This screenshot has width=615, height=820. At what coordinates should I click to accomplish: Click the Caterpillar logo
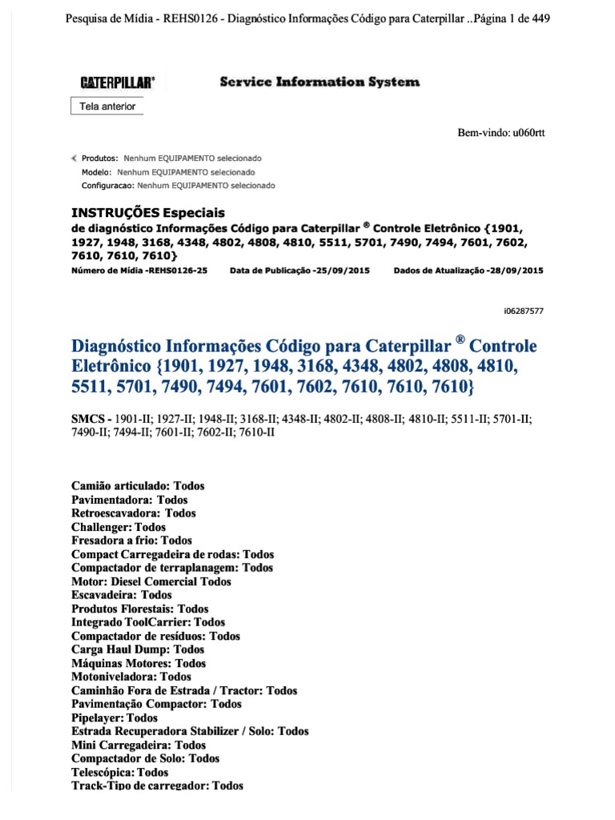tap(117, 82)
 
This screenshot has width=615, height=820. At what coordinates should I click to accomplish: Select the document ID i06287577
tap(521, 310)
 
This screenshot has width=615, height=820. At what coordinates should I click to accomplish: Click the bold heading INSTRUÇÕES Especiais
tap(148, 213)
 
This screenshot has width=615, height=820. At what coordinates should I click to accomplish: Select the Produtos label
tap(101, 159)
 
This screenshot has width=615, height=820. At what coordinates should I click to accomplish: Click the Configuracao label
tap(108, 186)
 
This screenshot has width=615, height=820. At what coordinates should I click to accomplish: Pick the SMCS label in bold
tap(90, 419)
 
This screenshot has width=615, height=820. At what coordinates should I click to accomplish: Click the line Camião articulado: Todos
tap(138, 486)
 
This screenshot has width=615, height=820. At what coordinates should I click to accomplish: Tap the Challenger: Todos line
tap(119, 527)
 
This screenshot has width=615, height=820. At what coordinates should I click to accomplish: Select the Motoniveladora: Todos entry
tap(131, 677)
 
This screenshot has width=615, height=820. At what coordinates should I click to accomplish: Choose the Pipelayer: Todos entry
tap(115, 718)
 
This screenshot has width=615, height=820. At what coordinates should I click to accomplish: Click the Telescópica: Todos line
tap(119, 773)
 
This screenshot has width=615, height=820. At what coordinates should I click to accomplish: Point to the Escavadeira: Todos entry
tap(122, 595)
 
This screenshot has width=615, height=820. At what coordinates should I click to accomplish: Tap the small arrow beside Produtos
tap(75, 159)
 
